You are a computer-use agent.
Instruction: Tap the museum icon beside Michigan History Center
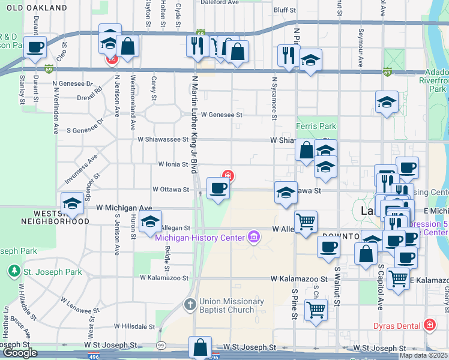tap(254, 237)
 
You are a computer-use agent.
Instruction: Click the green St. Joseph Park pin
tap(14, 271)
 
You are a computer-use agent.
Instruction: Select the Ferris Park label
tap(316, 127)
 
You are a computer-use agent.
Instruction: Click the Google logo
tap(20, 353)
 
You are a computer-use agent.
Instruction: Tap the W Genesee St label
tap(221, 114)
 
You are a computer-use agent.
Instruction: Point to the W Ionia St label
tap(173, 164)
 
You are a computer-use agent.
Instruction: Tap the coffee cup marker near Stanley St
tap(35, 47)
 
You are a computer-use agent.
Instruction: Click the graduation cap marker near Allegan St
tap(151, 221)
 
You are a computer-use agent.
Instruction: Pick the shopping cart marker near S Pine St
tap(316, 311)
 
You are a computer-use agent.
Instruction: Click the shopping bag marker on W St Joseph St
tap(200, 347)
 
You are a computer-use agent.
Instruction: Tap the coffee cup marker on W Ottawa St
tap(218, 188)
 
